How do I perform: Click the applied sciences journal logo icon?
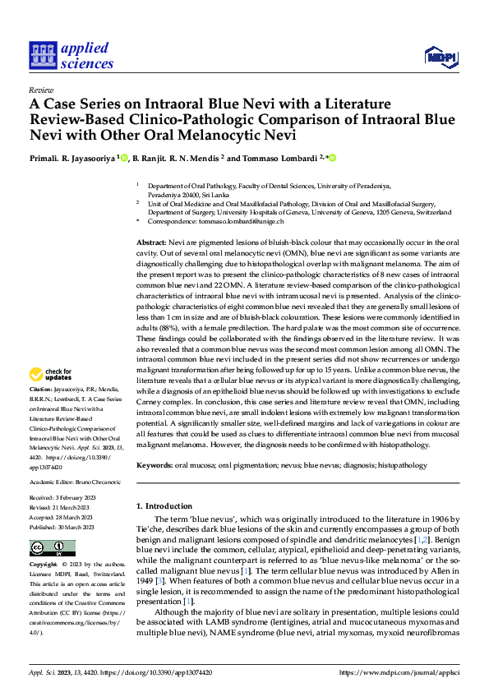tap(41, 55)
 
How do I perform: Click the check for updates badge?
tap(51, 376)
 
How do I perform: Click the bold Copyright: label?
tap(43, 566)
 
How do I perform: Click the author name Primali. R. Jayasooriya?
tap(72, 158)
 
